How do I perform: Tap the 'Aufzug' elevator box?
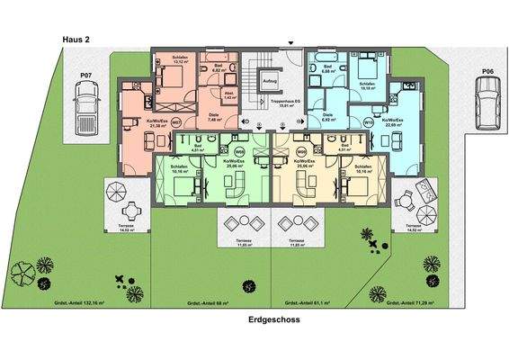point(269,82)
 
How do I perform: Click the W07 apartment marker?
point(176,121)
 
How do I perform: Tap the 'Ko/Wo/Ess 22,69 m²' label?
point(392,122)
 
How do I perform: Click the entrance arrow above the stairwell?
point(290,41)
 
